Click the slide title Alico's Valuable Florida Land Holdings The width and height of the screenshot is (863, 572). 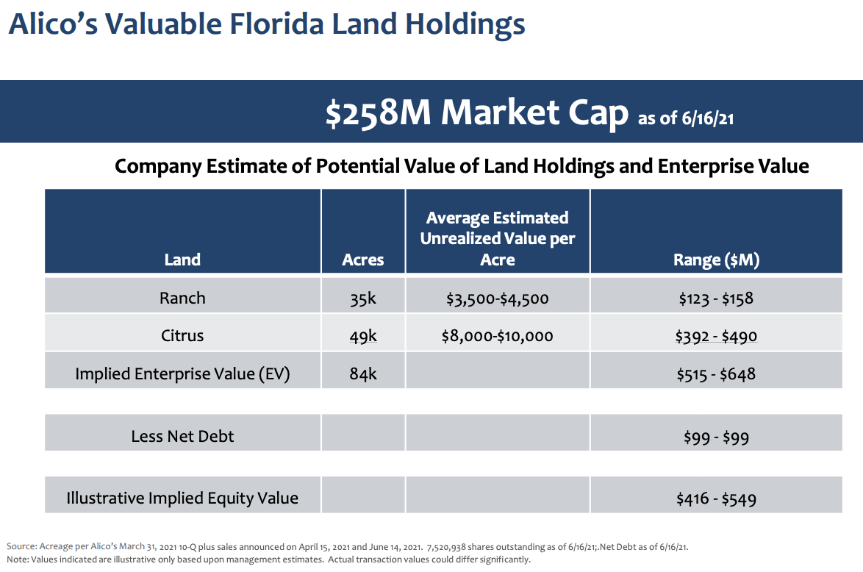[x=266, y=24]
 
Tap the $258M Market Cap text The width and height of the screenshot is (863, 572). [x=476, y=112]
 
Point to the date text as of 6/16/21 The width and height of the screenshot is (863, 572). [x=685, y=118]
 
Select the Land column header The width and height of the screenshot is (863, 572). [x=182, y=260]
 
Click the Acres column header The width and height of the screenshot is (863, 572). [x=363, y=260]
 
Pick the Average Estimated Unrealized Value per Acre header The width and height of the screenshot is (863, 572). [x=498, y=239]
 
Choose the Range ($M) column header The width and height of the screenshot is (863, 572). [x=716, y=260]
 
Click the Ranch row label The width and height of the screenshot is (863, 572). [x=182, y=298]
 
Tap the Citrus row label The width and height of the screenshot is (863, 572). [x=182, y=335]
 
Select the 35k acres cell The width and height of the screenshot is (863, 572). [x=363, y=298]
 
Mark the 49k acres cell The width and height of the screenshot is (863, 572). [x=363, y=336]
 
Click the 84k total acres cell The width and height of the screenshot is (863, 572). [x=363, y=373]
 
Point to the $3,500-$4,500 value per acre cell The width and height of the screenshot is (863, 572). [x=498, y=298]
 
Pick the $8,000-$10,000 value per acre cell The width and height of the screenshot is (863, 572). [x=498, y=336]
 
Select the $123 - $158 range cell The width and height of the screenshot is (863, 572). [x=716, y=298]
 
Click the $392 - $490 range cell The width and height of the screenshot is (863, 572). [x=716, y=336]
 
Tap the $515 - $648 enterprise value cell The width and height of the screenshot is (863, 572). [x=716, y=373]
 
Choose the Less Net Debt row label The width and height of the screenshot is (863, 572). [x=182, y=436]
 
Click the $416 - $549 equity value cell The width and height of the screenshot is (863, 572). [x=716, y=498]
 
